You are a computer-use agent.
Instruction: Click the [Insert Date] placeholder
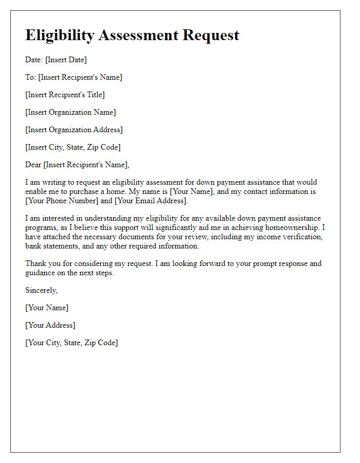(66, 60)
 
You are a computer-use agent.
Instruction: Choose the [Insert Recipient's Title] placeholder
(65, 95)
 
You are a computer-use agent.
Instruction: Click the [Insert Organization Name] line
(70, 112)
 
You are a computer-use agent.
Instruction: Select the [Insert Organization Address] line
(74, 130)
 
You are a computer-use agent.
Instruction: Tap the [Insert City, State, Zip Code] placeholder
(73, 147)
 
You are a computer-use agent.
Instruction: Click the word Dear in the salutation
(33, 165)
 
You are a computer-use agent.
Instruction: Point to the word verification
(300, 237)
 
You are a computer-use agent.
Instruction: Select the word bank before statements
(34, 246)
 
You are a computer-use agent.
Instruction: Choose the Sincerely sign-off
(41, 290)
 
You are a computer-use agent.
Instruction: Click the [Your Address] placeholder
(50, 325)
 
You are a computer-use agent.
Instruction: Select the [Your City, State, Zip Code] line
(71, 343)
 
